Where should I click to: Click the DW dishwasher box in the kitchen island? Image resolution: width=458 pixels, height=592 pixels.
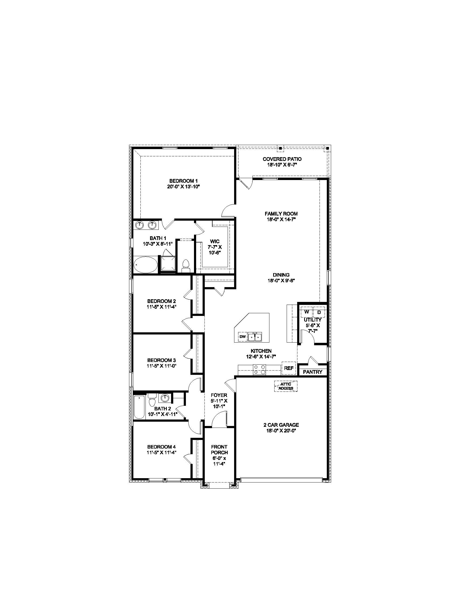click(242, 337)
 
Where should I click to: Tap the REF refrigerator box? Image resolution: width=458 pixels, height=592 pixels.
click(289, 368)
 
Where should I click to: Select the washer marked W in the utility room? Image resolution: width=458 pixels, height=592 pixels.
click(307, 312)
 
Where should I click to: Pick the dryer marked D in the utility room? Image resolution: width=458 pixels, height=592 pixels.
click(319, 312)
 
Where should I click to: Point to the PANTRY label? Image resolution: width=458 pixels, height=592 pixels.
click(313, 372)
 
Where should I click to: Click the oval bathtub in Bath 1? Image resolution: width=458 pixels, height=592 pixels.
click(145, 265)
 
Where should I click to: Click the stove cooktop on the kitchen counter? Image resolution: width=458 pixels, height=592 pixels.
click(260, 369)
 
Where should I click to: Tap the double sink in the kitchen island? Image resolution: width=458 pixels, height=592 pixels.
click(255, 337)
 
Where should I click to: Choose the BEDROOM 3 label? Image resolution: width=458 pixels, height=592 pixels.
click(161, 360)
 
